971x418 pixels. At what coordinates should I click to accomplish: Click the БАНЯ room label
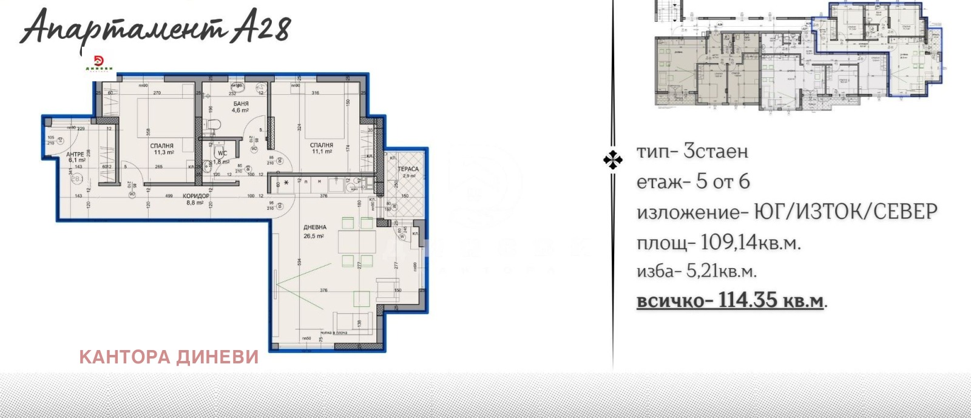pyautogui.click(x=240, y=104)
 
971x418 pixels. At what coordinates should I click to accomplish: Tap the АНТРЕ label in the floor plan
pyautogui.click(x=75, y=155)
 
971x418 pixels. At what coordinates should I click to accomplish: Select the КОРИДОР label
pyautogui.click(x=196, y=196)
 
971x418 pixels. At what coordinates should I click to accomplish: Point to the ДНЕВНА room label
pyautogui.click(x=315, y=228)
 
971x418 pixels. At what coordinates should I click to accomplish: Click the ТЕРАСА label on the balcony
pyautogui.click(x=408, y=169)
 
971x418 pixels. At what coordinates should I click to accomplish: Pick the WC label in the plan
pyautogui.click(x=222, y=153)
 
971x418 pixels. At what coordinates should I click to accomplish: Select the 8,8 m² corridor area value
pyautogui.click(x=195, y=203)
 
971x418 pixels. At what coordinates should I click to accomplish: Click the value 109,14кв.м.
pyautogui.click(x=750, y=243)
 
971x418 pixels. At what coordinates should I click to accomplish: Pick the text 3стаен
pyautogui.click(x=716, y=151)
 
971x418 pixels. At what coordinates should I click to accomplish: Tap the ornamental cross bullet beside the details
pyautogui.click(x=612, y=160)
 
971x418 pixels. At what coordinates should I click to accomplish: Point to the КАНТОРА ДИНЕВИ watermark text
pyautogui.click(x=169, y=357)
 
